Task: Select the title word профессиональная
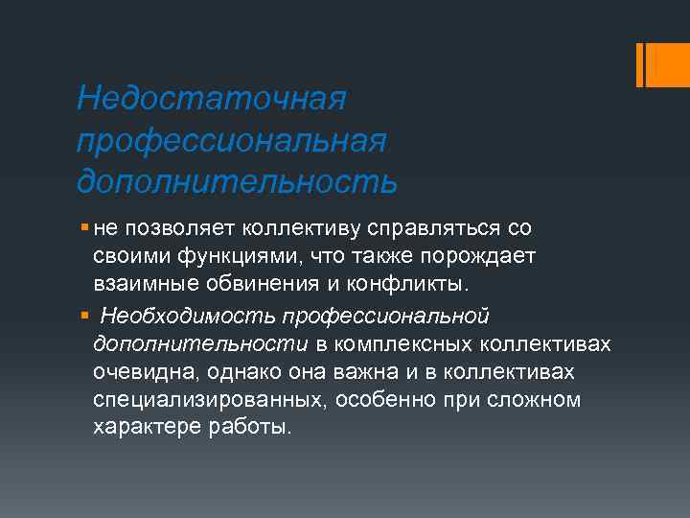point(233,140)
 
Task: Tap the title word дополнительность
point(237,180)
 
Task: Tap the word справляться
point(424,230)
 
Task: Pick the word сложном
point(539,398)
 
